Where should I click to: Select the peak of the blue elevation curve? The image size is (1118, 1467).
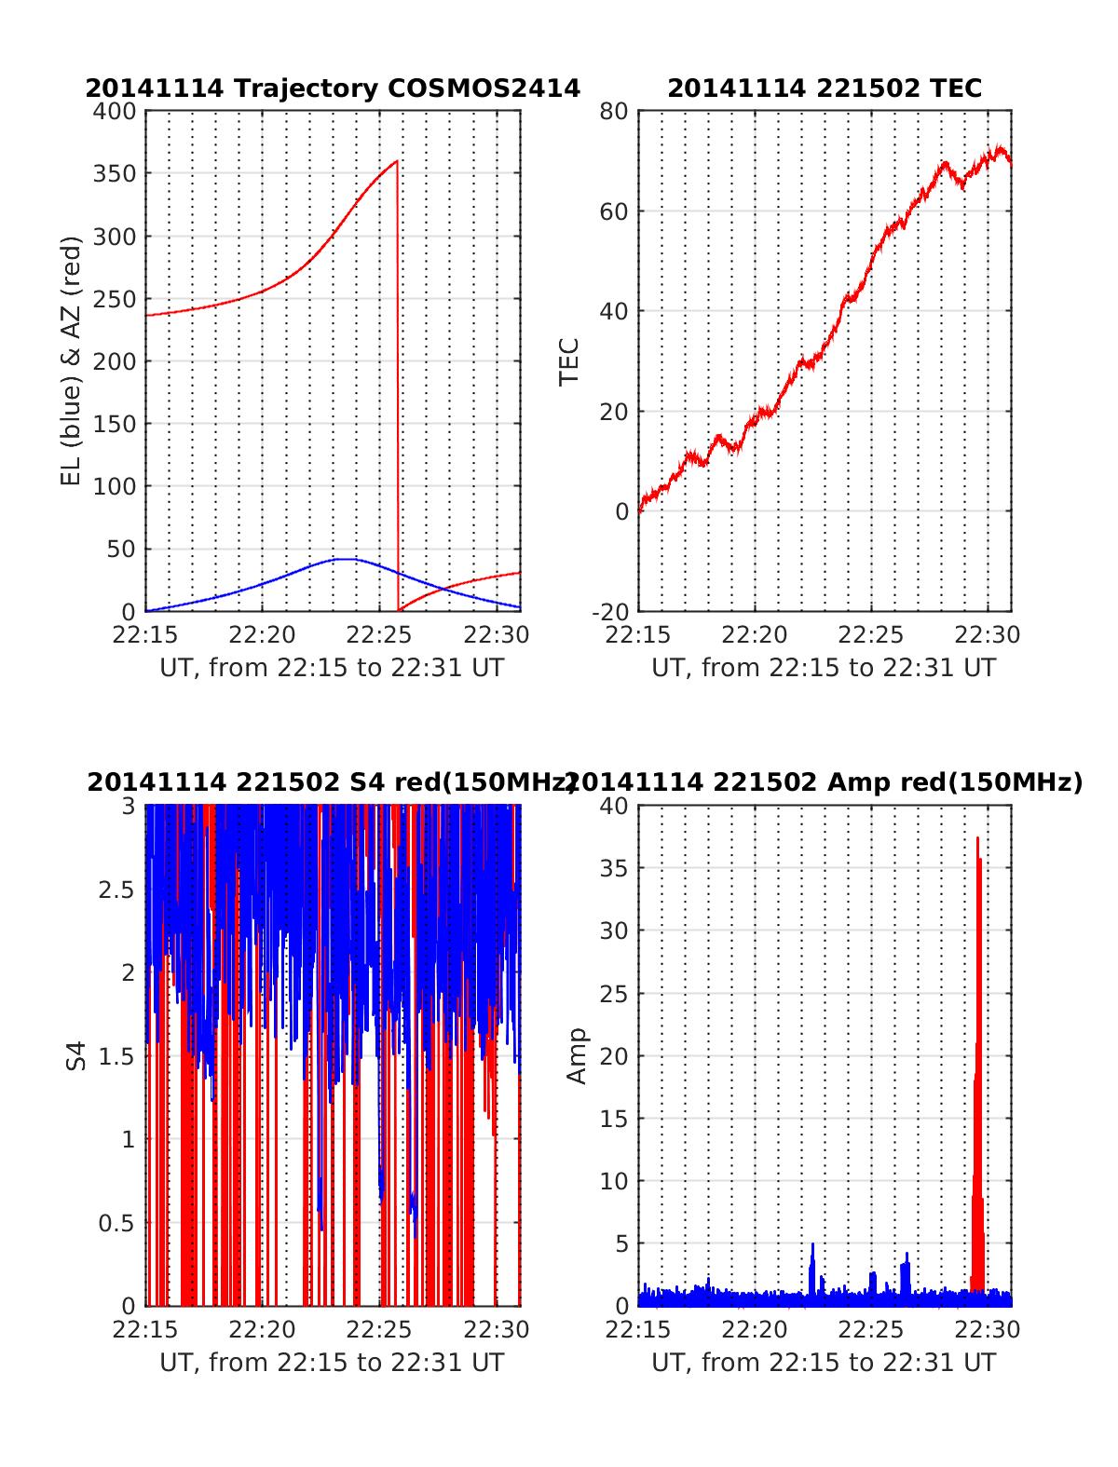pos(345,559)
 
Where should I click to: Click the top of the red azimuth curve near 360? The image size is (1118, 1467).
pos(396,162)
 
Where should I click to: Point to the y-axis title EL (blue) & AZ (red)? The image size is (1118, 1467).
pos(72,360)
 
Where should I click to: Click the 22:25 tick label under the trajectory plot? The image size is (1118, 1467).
pos(378,635)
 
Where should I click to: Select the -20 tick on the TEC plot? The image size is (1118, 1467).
pos(611,611)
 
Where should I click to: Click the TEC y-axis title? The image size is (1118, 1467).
pos(569,361)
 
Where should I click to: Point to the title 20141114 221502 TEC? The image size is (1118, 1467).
pos(825,88)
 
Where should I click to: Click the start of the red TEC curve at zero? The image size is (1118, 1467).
pos(640,509)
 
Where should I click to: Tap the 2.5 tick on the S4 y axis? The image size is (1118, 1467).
pos(117,890)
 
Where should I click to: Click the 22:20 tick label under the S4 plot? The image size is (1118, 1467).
pos(262,1329)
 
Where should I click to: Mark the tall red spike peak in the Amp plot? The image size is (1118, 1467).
pos(977,838)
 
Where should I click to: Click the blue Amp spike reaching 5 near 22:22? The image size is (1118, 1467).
pos(812,1244)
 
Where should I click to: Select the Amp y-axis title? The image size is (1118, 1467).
pos(578,1055)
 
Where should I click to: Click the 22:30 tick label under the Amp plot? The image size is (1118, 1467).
pos(989,1329)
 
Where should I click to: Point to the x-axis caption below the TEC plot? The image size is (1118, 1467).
pos(824,668)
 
